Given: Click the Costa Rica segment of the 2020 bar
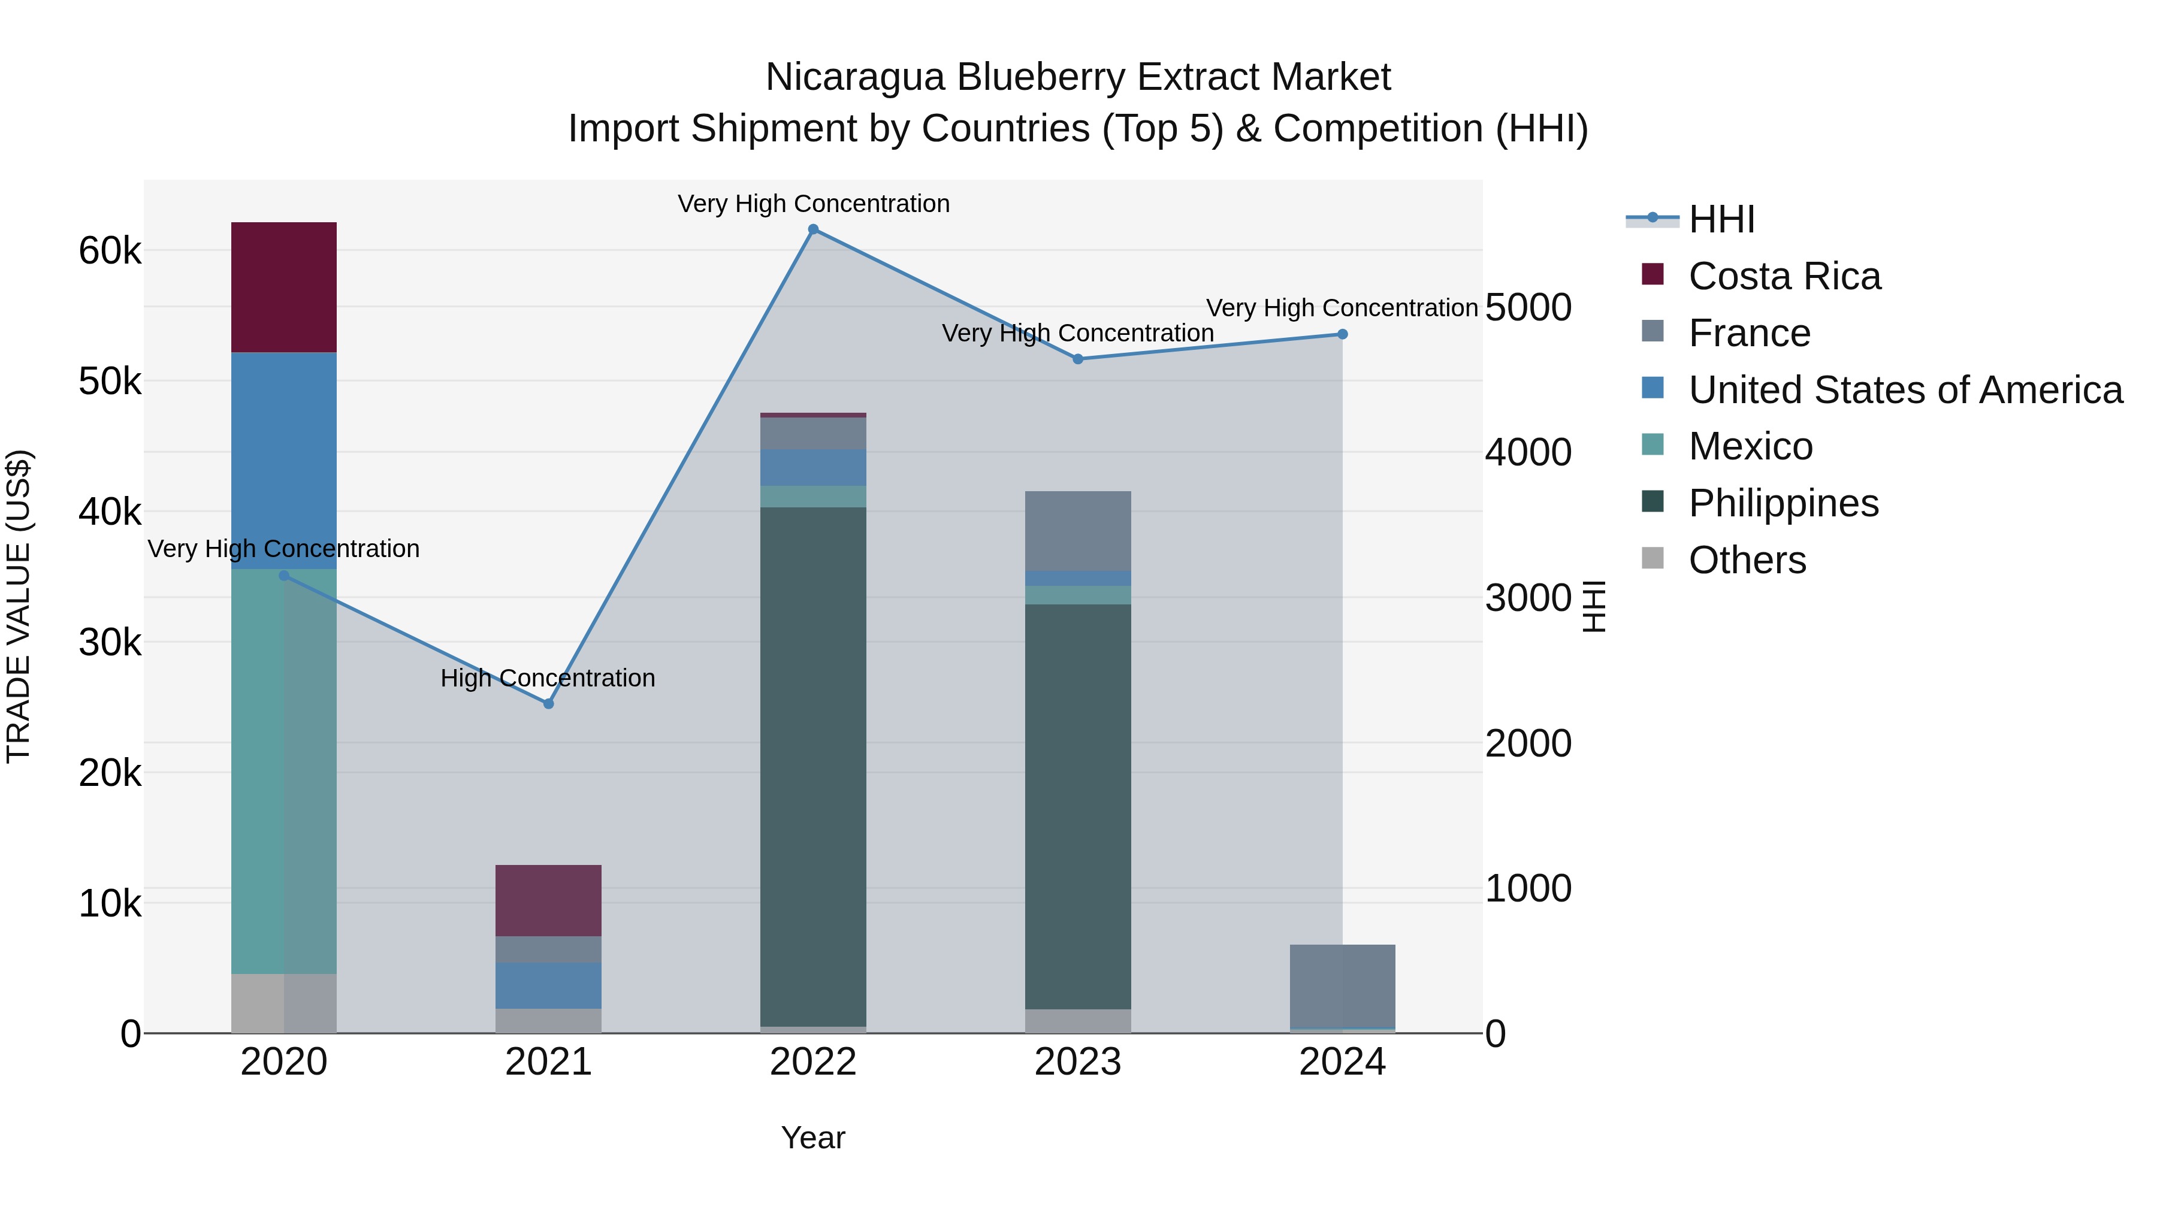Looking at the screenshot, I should point(284,287).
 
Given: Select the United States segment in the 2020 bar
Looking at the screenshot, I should point(284,461).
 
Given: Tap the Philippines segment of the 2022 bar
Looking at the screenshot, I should point(813,766).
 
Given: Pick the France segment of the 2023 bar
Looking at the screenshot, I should point(1078,531).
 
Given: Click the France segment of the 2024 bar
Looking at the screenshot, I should point(1342,985).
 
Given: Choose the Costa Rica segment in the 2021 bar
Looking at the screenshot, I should point(548,900).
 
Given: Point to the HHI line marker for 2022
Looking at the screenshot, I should point(813,229).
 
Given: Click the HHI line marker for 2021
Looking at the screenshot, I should point(548,704).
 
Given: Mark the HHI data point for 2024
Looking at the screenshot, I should point(1342,334).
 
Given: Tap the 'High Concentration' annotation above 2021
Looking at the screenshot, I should point(548,678).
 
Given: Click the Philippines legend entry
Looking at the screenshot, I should point(1784,503).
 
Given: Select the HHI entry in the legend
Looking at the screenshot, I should point(1721,219).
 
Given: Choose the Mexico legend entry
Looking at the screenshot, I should point(1750,446).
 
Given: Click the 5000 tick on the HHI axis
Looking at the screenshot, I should point(1528,307).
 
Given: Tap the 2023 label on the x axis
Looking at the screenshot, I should point(1078,1062).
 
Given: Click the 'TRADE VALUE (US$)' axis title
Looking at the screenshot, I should point(19,606).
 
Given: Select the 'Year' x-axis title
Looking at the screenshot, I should point(813,1138).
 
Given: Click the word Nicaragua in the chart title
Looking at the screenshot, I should point(855,77).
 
